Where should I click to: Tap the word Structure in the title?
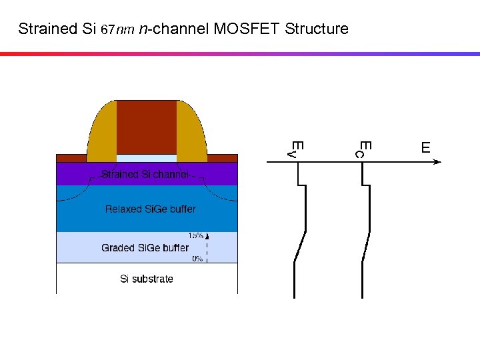[316, 29]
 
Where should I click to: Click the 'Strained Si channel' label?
[146, 175]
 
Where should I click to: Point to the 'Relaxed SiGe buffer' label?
[150, 209]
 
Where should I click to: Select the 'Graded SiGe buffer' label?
[145, 248]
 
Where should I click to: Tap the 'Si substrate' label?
[146, 279]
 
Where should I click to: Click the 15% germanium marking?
[195, 235]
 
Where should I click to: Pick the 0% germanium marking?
[197, 259]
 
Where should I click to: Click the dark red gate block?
[147, 127]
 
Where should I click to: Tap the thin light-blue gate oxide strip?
[147, 158]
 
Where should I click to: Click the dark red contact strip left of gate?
[71, 158]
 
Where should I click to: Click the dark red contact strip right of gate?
[223, 158]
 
